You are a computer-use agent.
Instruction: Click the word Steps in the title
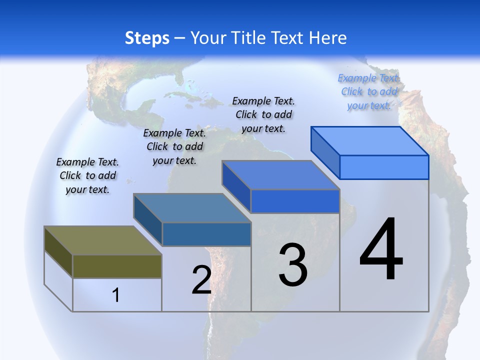tap(147, 38)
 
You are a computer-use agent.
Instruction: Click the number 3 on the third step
tap(293, 264)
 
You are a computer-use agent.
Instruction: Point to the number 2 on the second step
tap(201, 280)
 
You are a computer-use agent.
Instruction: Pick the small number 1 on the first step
tap(116, 295)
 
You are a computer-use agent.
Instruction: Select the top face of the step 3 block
tap(280, 175)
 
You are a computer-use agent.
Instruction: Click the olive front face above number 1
tap(117, 266)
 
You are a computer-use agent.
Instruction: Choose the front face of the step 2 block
tap(206, 234)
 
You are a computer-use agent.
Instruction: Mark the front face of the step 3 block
tap(295, 201)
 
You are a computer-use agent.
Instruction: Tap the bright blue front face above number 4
tap(384, 167)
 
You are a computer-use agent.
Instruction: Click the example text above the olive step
tap(87, 175)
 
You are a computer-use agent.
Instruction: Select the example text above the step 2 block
tap(174, 146)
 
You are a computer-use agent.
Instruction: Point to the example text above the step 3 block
tap(263, 114)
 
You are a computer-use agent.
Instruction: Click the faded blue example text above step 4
tap(369, 91)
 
